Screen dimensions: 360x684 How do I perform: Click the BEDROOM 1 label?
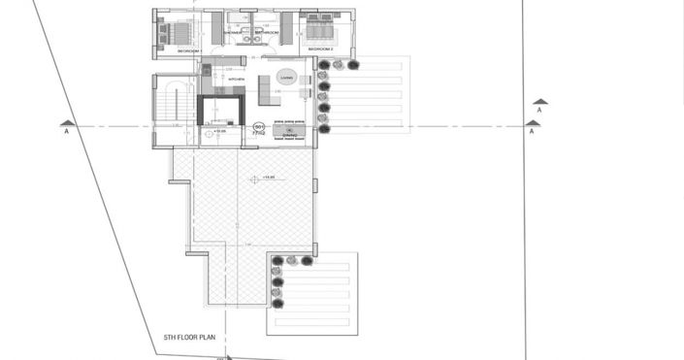click(188, 48)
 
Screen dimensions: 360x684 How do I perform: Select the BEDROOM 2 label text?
click(320, 48)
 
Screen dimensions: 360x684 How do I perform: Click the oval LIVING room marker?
click(286, 77)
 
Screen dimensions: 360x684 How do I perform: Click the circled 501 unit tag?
click(259, 127)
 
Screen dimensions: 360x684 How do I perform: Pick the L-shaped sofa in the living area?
click(269, 94)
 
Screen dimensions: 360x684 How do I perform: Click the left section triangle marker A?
click(67, 123)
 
